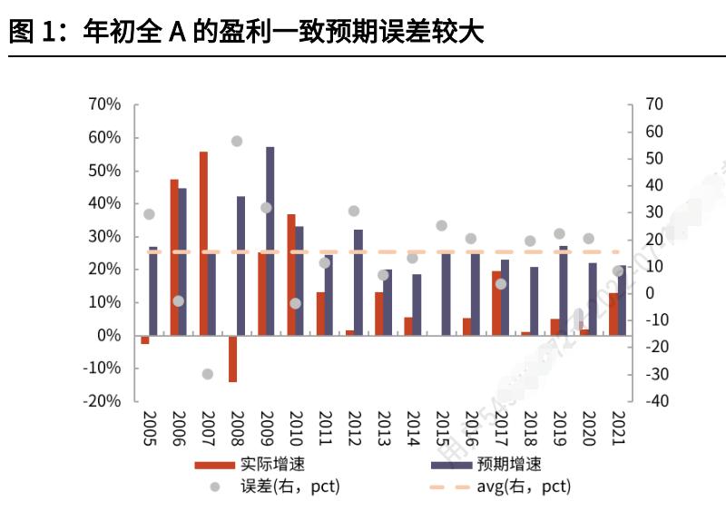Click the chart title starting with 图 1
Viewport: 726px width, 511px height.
coord(246,34)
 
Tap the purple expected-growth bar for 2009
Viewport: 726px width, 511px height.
coord(270,241)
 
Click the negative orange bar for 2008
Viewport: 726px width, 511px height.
coord(232,359)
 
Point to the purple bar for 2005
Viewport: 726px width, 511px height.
coord(153,290)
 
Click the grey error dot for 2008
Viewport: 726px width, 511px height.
coord(236,142)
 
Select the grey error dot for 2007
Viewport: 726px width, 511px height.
coord(207,374)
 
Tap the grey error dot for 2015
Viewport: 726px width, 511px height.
coord(441,226)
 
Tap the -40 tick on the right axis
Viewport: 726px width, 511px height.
coord(653,401)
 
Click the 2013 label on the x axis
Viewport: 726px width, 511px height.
coord(382,427)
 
